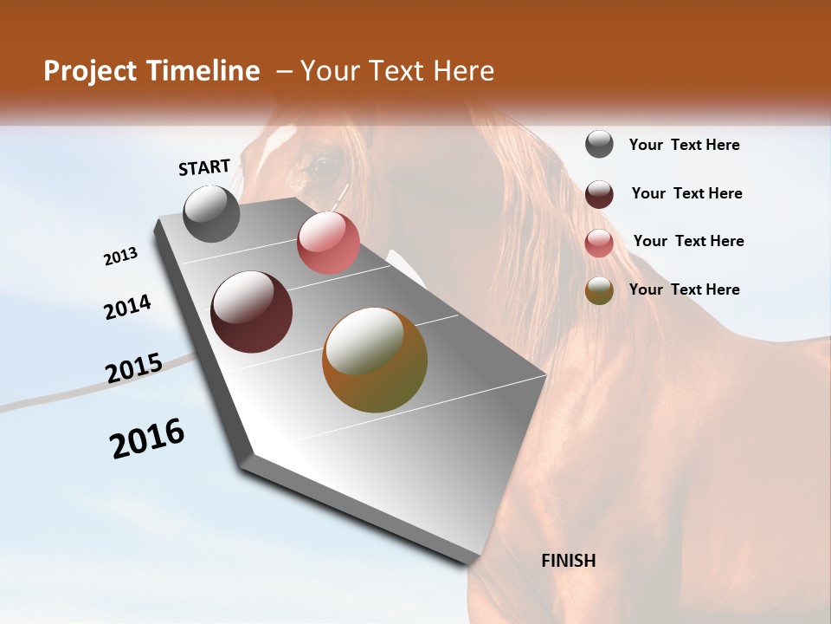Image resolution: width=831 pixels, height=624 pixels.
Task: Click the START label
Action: click(x=204, y=167)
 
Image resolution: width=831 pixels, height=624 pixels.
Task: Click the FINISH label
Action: click(x=569, y=561)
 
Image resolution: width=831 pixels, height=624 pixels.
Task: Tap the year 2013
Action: click(x=121, y=257)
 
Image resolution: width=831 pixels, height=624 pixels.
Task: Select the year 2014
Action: click(x=127, y=308)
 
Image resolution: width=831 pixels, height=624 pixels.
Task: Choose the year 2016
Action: click(x=147, y=439)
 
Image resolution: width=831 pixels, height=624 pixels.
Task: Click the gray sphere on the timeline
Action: click(x=212, y=213)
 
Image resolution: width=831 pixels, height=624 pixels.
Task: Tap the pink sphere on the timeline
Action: click(x=328, y=243)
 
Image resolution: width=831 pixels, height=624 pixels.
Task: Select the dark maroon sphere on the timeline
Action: click(x=251, y=312)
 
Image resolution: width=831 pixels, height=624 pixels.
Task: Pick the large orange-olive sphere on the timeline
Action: click(x=375, y=360)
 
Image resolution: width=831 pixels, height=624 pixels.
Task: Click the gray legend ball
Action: click(x=599, y=144)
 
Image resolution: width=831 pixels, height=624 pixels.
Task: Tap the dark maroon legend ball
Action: click(x=599, y=194)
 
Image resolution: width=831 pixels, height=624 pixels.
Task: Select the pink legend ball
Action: click(x=599, y=243)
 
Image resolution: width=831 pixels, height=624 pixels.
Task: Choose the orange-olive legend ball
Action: click(x=599, y=290)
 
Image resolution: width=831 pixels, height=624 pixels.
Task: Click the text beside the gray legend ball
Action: click(x=684, y=145)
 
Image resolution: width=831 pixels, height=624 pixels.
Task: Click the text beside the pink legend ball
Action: click(x=688, y=241)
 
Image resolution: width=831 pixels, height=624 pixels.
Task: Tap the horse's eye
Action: click(x=319, y=163)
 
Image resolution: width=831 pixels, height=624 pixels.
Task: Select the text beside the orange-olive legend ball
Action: click(x=684, y=289)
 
